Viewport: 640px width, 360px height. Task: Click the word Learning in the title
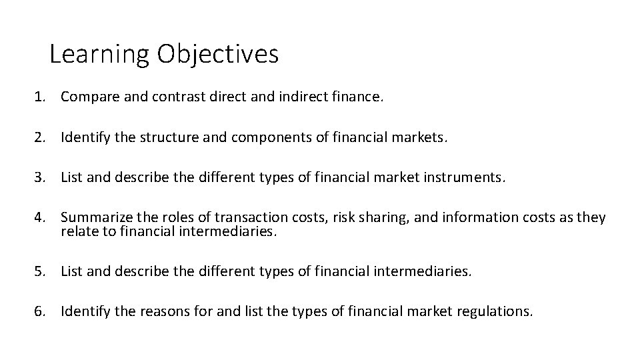[x=99, y=54]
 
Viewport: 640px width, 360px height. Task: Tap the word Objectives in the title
[x=218, y=54]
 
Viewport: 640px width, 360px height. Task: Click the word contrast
[x=176, y=97]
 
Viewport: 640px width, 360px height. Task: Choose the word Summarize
[x=97, y=218]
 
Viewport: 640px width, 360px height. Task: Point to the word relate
[x=77, y=231]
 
